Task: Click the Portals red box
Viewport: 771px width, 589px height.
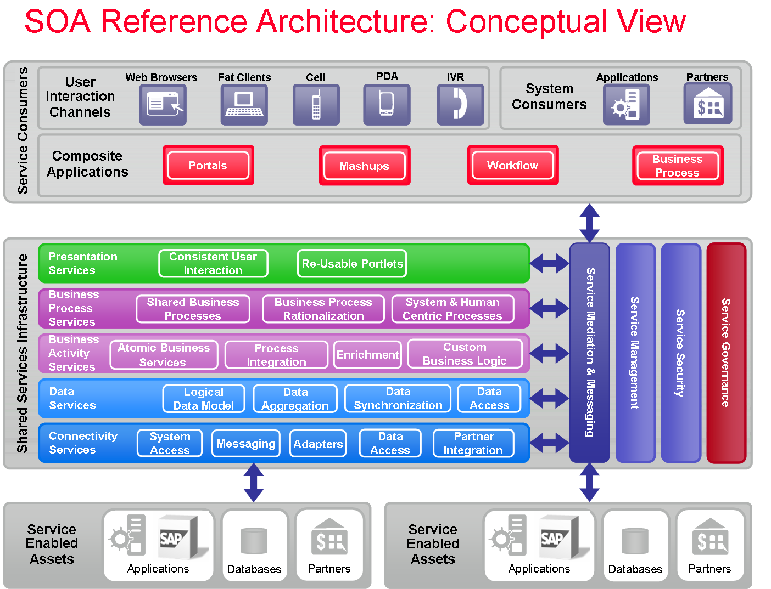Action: click(x=208, y=166)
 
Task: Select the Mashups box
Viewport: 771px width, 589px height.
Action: click(x=365, y=166)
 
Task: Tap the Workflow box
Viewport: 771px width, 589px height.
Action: click(x=513, y=166)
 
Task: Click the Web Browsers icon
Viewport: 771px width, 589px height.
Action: click(x=163, y=105)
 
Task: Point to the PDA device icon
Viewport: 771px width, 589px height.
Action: click(x=387, y=105)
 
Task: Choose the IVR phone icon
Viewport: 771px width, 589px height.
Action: click(x=460, y=105)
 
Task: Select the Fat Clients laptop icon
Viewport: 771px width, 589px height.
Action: click(x=244, y=105)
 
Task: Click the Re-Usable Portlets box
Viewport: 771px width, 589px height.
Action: click(x=352, y=264)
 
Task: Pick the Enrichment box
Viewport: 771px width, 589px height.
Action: click(x=367, y=355)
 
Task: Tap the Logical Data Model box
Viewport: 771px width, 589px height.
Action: click(x=204, y=399)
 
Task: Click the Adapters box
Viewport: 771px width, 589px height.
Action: click(x=318, y=444)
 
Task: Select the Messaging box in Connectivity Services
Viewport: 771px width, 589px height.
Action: click(x=245, y=443)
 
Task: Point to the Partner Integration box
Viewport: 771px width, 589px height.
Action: click(x=473, y=443)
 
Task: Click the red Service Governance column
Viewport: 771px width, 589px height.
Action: click(x=726, y=353)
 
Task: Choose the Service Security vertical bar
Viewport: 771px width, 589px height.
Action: click(x=681, y=353)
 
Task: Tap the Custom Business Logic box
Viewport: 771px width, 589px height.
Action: click(x=465, y=354)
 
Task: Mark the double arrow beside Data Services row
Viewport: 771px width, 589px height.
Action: click(x=550, y=398)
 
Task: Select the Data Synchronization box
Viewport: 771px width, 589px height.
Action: click(x=398, y=399)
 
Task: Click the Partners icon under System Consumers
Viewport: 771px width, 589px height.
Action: click(x=707, y=104)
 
